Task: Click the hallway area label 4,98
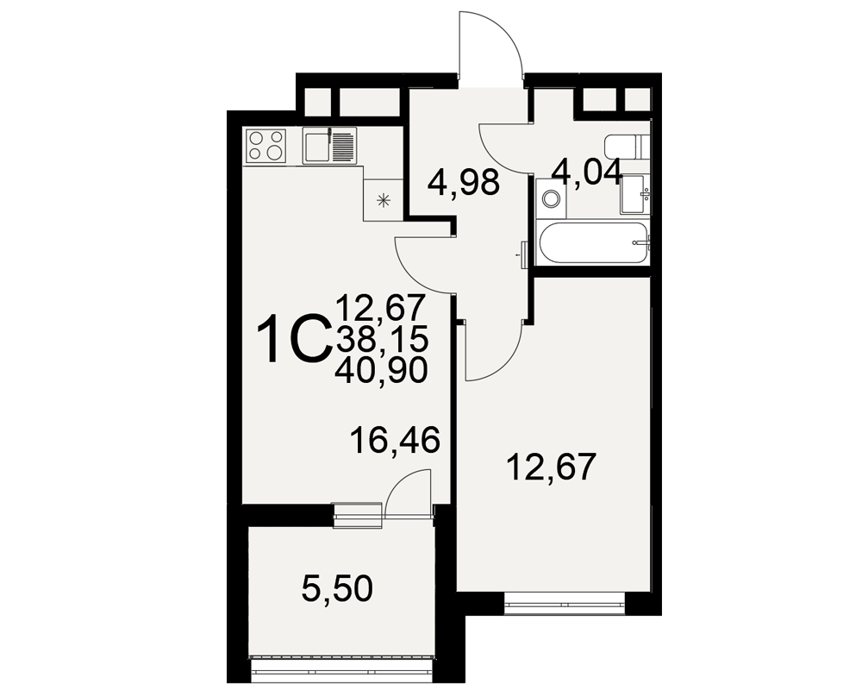(464, 183)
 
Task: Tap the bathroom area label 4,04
(587, 172)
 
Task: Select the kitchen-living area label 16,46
(396, 440)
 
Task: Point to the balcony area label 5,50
(337, 589)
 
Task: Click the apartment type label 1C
(294, 339)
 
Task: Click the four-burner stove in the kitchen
(266, 145)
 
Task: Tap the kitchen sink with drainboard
(329, 145)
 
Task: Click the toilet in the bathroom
(628, 147)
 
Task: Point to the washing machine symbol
(550, 198)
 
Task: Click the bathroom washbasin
(635, 195)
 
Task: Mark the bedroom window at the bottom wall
(565, 604)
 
